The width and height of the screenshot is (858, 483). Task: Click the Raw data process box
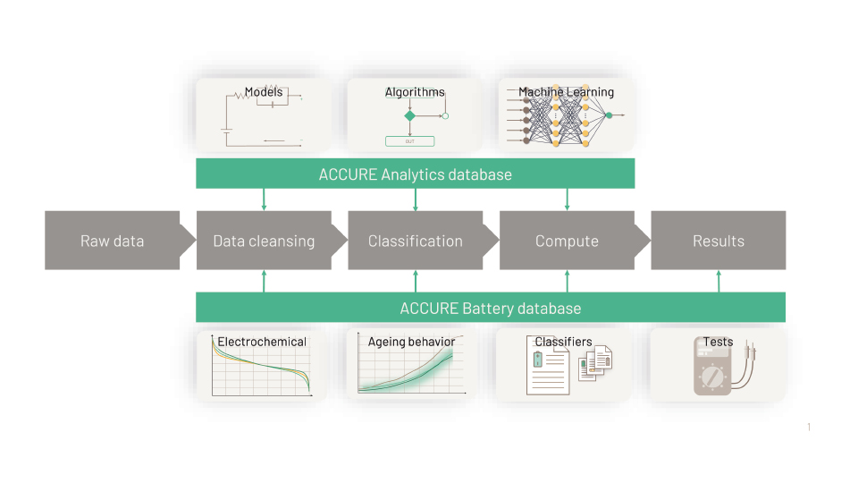click(113, 241)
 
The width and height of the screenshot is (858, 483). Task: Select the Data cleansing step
click(264, 241)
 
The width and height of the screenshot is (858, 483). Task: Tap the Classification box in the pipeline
click(416, 241)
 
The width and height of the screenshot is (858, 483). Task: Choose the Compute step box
click(567, 241)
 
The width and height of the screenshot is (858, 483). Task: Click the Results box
click(719, 241)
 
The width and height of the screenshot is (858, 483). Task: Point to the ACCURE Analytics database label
click(416, 174)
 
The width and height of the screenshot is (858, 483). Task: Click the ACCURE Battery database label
click(491, 309)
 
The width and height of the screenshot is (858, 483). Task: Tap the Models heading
click(264, 92)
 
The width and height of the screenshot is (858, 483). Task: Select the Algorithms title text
click(415, 92)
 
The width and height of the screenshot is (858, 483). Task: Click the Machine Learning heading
click(567, 92)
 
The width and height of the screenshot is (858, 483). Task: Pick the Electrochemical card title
click(262, 342)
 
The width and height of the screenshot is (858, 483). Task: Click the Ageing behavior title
click(411, 342)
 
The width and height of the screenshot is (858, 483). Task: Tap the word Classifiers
click(563, 342)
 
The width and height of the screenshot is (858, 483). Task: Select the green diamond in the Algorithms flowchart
click(410, 115)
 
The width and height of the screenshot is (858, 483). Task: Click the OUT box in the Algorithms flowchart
click(409, 141)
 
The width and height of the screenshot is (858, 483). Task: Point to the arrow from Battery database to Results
click(719, 281)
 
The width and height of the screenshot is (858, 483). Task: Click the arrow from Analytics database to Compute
click(567, 199)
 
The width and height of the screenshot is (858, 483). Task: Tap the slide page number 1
click(809, 428)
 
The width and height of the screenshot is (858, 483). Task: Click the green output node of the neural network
click(609, 115)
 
